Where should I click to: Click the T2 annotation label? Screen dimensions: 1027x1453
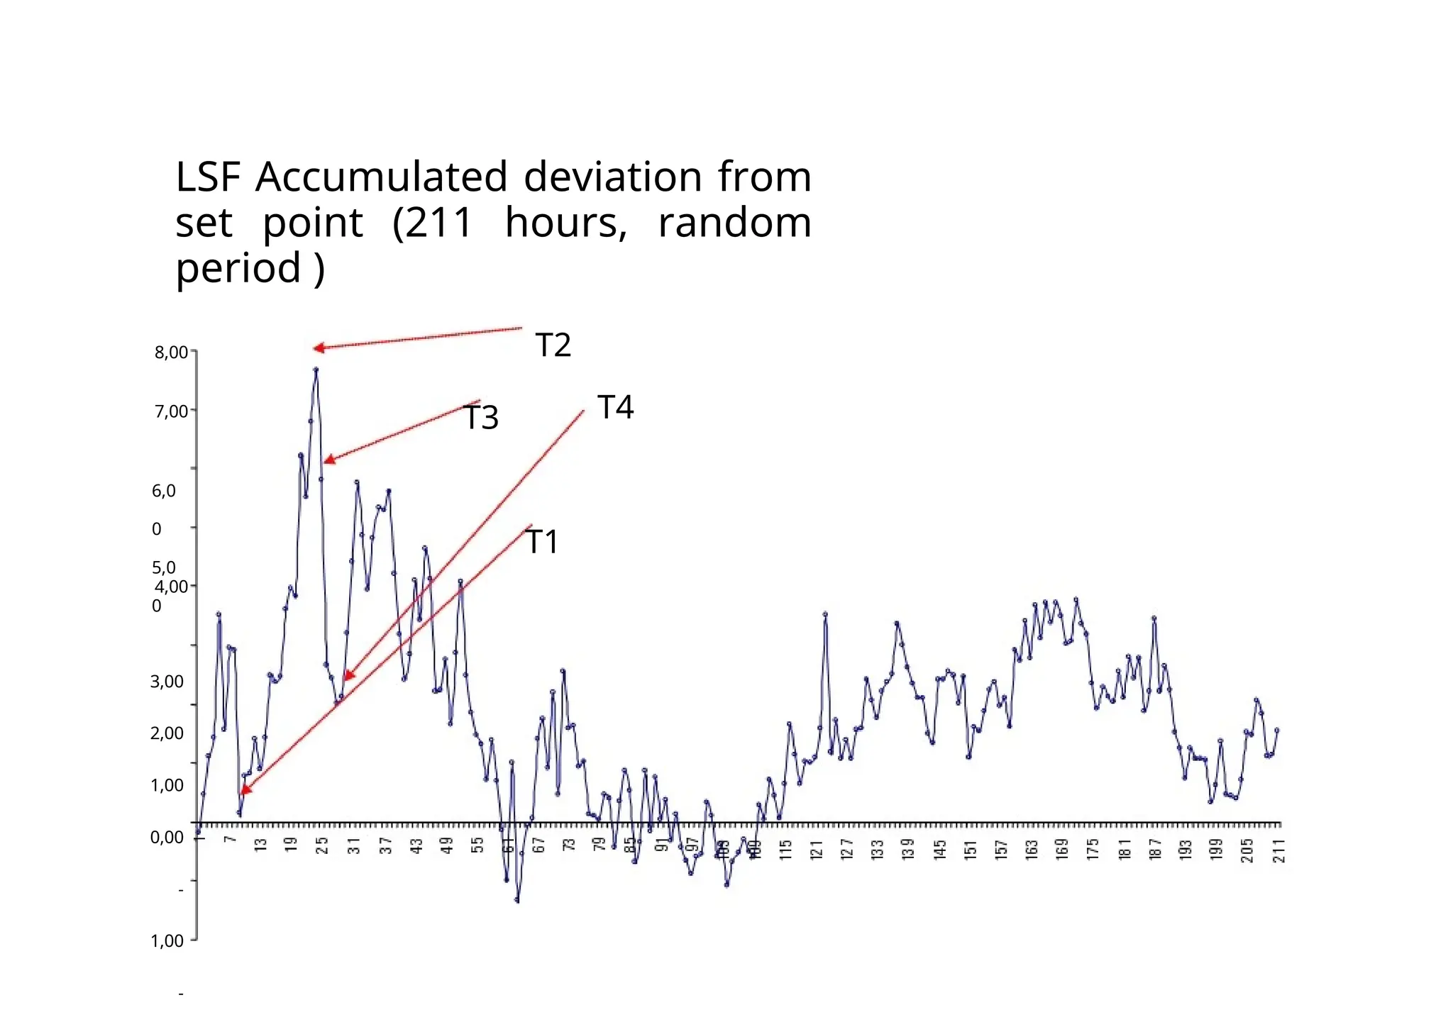[553, 345]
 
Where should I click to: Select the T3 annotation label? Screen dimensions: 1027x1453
[481, 418]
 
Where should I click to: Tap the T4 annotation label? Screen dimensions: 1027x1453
[615, 407]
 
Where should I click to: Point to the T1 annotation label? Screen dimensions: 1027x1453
[542, 542]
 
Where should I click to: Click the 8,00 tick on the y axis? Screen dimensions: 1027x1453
[171, 352]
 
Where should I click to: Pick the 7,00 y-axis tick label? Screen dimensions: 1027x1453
[171, 411]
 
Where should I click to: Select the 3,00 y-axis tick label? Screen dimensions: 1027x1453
[167, 682]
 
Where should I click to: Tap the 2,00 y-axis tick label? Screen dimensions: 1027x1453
[167, 733]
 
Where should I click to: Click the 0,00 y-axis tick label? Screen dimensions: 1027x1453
[167, 837]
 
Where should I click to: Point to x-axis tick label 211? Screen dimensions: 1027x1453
[1278, 850]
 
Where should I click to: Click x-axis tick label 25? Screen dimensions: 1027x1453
[322, 846]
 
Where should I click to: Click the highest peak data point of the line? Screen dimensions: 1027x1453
[316, 370]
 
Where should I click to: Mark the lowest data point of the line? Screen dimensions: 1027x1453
[516, 901]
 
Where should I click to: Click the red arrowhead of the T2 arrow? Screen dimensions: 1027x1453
[318, 348]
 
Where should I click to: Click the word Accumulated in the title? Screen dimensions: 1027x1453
[381, 177]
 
